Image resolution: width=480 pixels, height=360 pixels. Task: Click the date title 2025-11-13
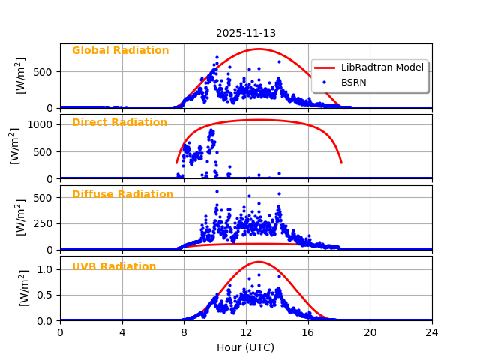(245, 33)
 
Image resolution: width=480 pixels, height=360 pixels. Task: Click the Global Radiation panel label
(120, 51)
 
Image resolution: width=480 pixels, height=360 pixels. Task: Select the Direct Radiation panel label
(119, 123)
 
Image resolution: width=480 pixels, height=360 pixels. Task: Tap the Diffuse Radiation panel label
(122, 195)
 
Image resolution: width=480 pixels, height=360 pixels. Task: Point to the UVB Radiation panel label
(114, 267)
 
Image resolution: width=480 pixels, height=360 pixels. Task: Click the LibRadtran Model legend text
(382, 67)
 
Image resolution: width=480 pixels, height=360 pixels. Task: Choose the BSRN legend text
(354, 82)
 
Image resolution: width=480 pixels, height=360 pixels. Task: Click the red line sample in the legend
(326, 67)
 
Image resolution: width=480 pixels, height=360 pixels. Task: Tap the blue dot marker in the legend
(326, 82)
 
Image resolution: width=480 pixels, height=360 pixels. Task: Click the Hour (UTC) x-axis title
(245, 348)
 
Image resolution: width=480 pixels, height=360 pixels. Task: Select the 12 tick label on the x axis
(245, 332)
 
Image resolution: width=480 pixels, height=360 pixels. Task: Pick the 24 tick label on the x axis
(431, 332)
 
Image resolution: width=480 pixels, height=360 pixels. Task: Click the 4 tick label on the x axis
(121, 332)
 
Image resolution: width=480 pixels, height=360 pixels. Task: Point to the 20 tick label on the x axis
(370, 332)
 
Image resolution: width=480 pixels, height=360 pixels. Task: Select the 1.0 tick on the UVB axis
(47, 269)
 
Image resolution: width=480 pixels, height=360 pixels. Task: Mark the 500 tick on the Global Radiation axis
(46, 72)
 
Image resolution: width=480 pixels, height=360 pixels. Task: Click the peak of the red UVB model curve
(259, 262)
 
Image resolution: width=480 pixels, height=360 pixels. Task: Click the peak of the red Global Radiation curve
(259, 49)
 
